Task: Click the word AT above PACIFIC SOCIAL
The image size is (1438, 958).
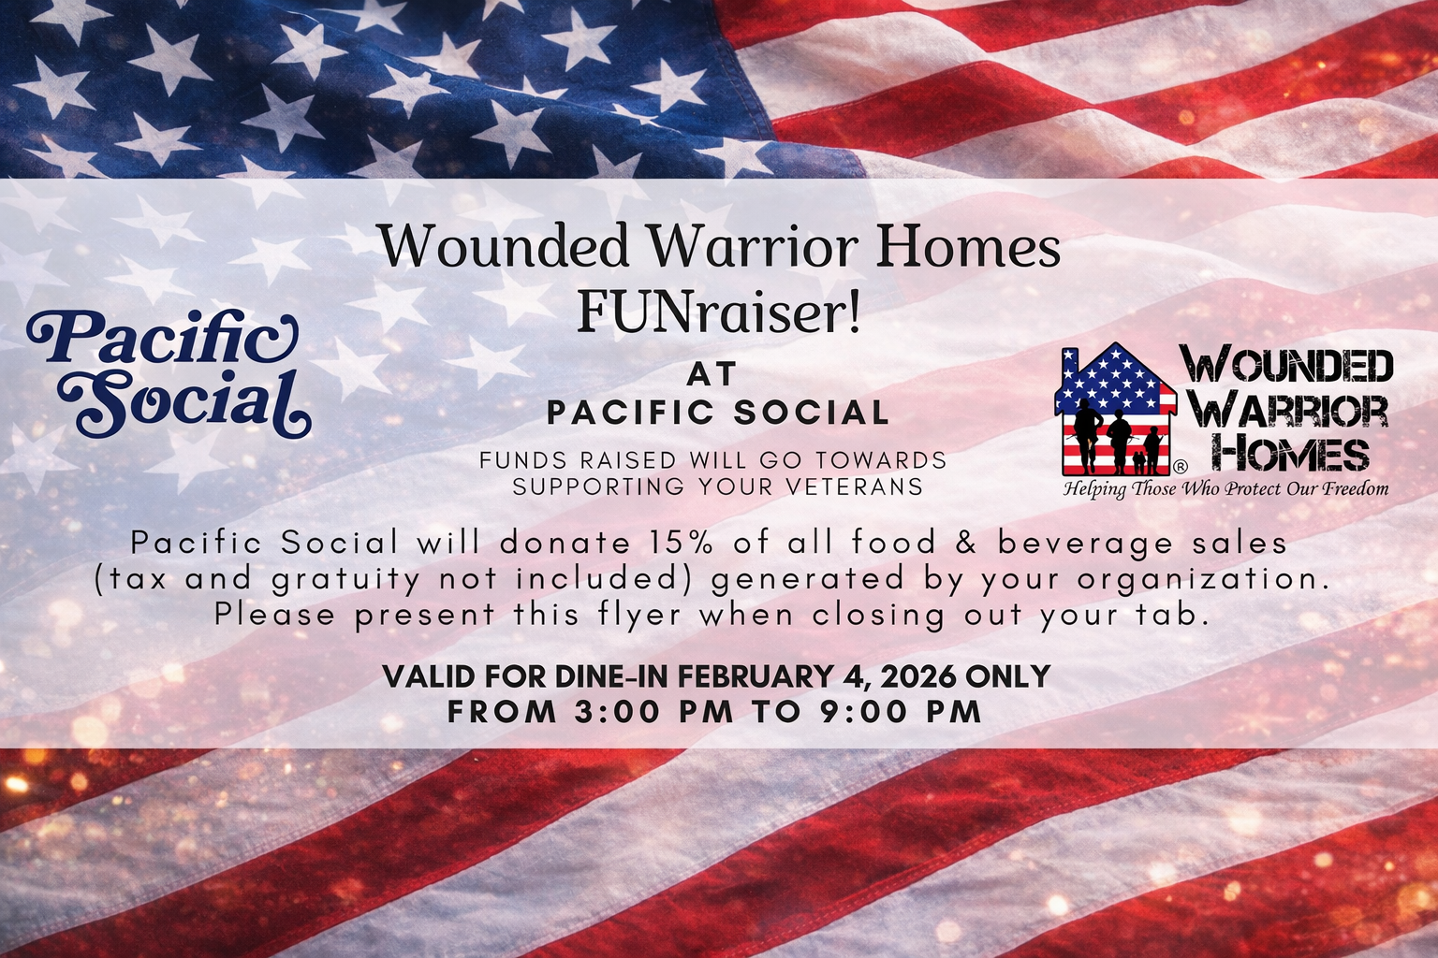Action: click(712, 374)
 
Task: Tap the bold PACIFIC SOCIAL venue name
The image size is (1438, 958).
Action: click(718, 413)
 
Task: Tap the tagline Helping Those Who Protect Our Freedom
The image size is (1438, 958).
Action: click(1225, 488)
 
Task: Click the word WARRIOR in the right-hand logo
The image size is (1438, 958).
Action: click(1293, 410)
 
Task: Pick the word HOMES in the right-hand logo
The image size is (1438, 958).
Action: click(1294, 455)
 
